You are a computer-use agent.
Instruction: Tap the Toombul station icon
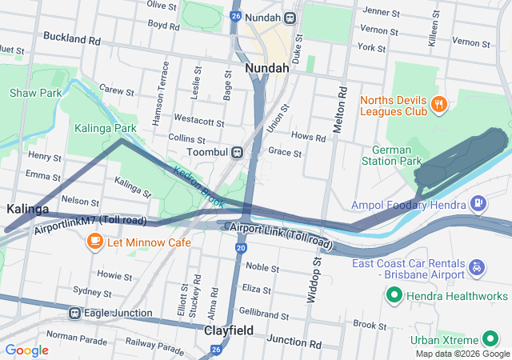[x=237, y=152]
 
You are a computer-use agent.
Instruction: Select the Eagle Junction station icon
[x=74, y=313]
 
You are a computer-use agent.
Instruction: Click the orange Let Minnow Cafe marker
[x=94, y=240]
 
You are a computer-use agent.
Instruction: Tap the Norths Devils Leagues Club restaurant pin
[x=438, y=102]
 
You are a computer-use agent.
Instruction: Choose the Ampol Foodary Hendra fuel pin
[x=478, y=204]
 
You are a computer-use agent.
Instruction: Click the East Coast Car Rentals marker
[x=478, y=265]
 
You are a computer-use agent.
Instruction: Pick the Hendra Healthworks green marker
[x=393, y=297]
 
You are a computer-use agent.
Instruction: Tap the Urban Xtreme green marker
[x=485, y=339]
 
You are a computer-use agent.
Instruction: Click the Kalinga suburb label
[x=27, y=209]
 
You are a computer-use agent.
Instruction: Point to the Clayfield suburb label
[x=229, y=330]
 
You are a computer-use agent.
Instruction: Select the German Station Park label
[x=397, y=155]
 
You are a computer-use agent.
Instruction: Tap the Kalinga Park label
[x=106, y=127]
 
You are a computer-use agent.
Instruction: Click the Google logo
[x=27, y=350]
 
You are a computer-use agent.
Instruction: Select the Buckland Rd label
[x=72, y=38]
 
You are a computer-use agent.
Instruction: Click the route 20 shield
[x=241, y=248]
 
